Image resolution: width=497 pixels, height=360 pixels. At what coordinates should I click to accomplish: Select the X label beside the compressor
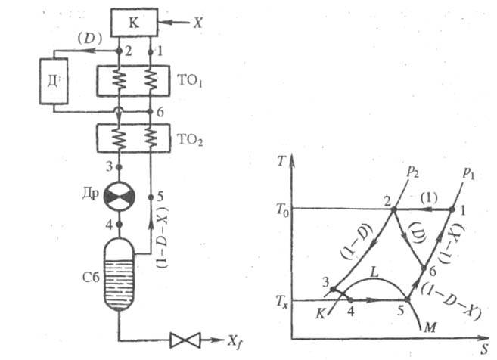pyautogui.click(x=197, y=23)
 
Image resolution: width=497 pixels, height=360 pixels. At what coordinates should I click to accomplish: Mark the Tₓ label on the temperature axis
pyautogui.click(x=278, y=300)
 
